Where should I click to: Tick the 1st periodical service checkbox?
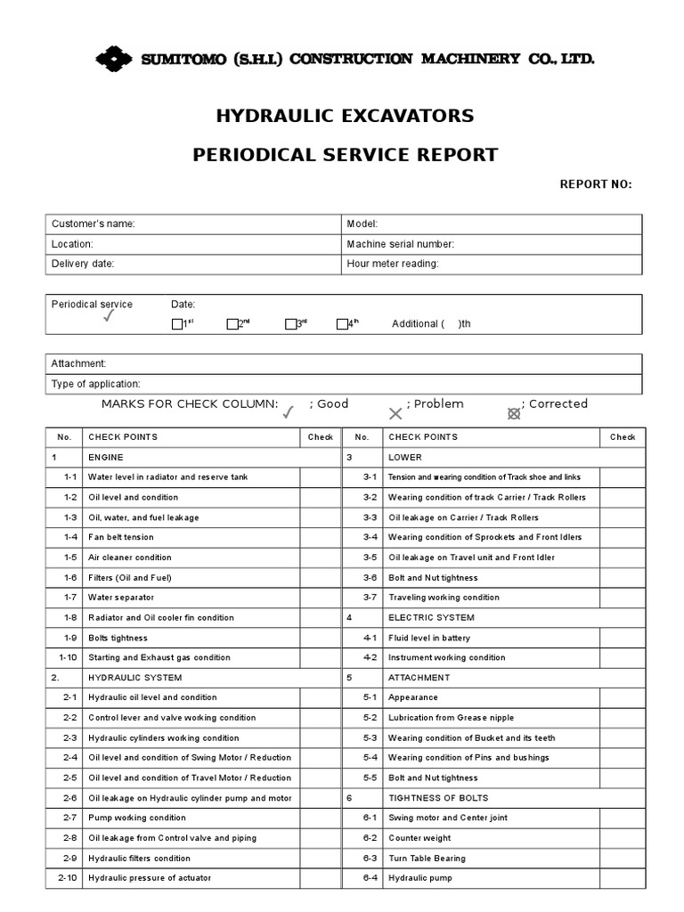pyautogui.click(x=176, y=324)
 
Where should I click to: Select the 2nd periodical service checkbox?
pyautogui.click(x=232, y=324)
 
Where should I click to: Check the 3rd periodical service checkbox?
pyautogui.click(x=290, y=324)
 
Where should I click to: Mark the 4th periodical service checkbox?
pyautogui.click(x=341, y=324)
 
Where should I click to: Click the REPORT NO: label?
pyautogui.click(x=595, y=184)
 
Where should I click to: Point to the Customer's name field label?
pyautogui.click(x=94, y=224)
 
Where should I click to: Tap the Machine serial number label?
pyautogui.click(x=400, y=244)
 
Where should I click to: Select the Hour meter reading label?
pyautogui.click(x=393, y=264)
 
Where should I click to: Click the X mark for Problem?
pyautogui.click(x=395, y=413)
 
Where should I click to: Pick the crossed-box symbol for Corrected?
pyautogui.click(x=513, y=413)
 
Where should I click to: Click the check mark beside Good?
pyautogui.click(x=288, y=412)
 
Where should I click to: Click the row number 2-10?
pyautogui.click(x=68, y=878)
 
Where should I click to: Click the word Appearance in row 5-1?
pyautogui.click(x=413, y=697)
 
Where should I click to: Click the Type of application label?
pyautogui.click(x=96, y=384)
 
